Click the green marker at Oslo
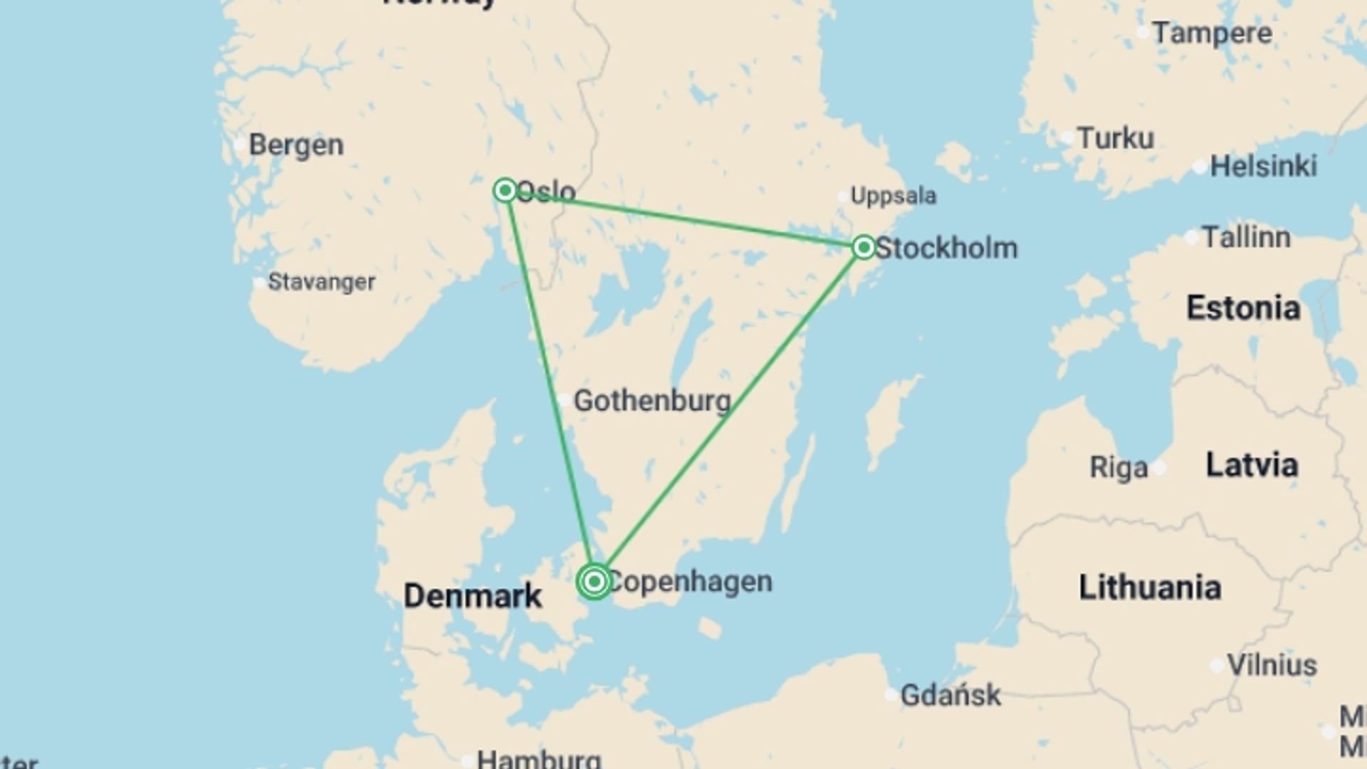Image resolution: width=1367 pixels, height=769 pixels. (505, 190)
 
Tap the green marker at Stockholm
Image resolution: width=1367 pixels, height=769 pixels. (864, 247)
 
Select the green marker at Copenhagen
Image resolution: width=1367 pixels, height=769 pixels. (594, 582)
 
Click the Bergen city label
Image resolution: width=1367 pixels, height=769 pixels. (296, 145)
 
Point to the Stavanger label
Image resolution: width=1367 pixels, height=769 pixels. (321, 282)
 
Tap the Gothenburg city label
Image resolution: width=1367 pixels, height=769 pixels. (652, 401)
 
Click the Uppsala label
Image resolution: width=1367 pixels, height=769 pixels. (894, 196)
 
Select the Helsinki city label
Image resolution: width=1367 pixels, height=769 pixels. (1263, 166)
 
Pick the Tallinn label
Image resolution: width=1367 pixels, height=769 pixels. (1246, 237)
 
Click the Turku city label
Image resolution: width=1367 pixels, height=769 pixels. (1115, 138)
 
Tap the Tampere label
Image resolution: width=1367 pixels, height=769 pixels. (1212, 33)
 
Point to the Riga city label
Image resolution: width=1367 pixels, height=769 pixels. (1119, 468)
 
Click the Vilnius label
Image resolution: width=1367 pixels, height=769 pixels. (1272, 665)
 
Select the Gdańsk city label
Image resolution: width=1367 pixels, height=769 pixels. (950, 695)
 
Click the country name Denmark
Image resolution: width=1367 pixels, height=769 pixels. (473, 595)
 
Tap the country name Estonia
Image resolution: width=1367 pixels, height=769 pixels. (1243, 308)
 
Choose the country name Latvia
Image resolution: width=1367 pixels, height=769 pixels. (1252, 464)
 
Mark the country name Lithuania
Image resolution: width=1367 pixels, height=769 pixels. (1150, 587)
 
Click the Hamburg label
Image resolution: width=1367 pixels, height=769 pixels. (539, 758)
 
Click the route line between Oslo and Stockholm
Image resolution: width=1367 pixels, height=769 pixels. (683, 219)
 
